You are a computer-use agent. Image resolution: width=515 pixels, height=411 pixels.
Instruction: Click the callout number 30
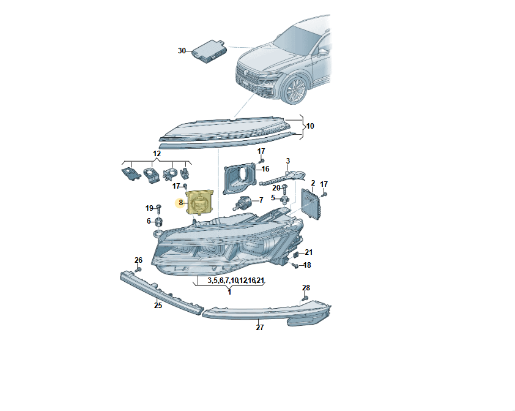pyautogui.click(x=182, y=51)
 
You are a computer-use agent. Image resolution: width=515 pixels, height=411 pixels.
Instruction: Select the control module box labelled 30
pyautogui.click(x=209, y=51)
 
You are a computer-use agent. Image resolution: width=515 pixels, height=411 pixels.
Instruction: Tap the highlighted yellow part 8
pyautogui.click(x=199, y=202)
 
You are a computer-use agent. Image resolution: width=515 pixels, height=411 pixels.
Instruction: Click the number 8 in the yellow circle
pyautogui.click(x=180, y=203)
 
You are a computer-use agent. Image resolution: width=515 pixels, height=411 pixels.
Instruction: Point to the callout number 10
pyautogui.click(x=309, y=126)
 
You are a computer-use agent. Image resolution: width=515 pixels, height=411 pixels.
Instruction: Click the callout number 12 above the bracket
pyautogui.click(x=157, y=154)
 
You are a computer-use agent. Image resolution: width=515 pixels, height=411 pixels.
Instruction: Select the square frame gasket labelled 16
pyautogui.click(x=239, y=179)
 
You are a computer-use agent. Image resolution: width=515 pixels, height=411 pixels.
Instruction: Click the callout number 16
pyautogui.click(x=265, y=169)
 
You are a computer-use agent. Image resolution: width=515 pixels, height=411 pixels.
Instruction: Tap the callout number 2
pyautogui.click(x=313, y=183)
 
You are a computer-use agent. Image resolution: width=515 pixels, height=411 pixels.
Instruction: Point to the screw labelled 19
pyautogui.click(x=159, y=209)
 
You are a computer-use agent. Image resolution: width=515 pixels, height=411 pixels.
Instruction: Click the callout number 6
pyautogui.click(x=149, y=221)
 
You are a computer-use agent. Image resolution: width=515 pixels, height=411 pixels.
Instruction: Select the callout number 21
pyautogui.click(x=308, y=252)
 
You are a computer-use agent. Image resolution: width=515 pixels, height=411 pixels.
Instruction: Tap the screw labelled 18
pyautogui.click(x=295, y=265)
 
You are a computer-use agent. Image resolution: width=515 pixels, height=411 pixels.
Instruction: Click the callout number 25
pyautogui.click(x=158, y=306)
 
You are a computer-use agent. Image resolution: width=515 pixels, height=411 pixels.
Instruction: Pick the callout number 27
pyautogui.click(x=260, y=328)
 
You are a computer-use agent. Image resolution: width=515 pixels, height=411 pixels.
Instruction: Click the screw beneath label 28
pyautogui.click(x=304, y=298)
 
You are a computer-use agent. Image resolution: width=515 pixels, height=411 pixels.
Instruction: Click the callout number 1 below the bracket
pyautogui.click(x=229, y=292)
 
